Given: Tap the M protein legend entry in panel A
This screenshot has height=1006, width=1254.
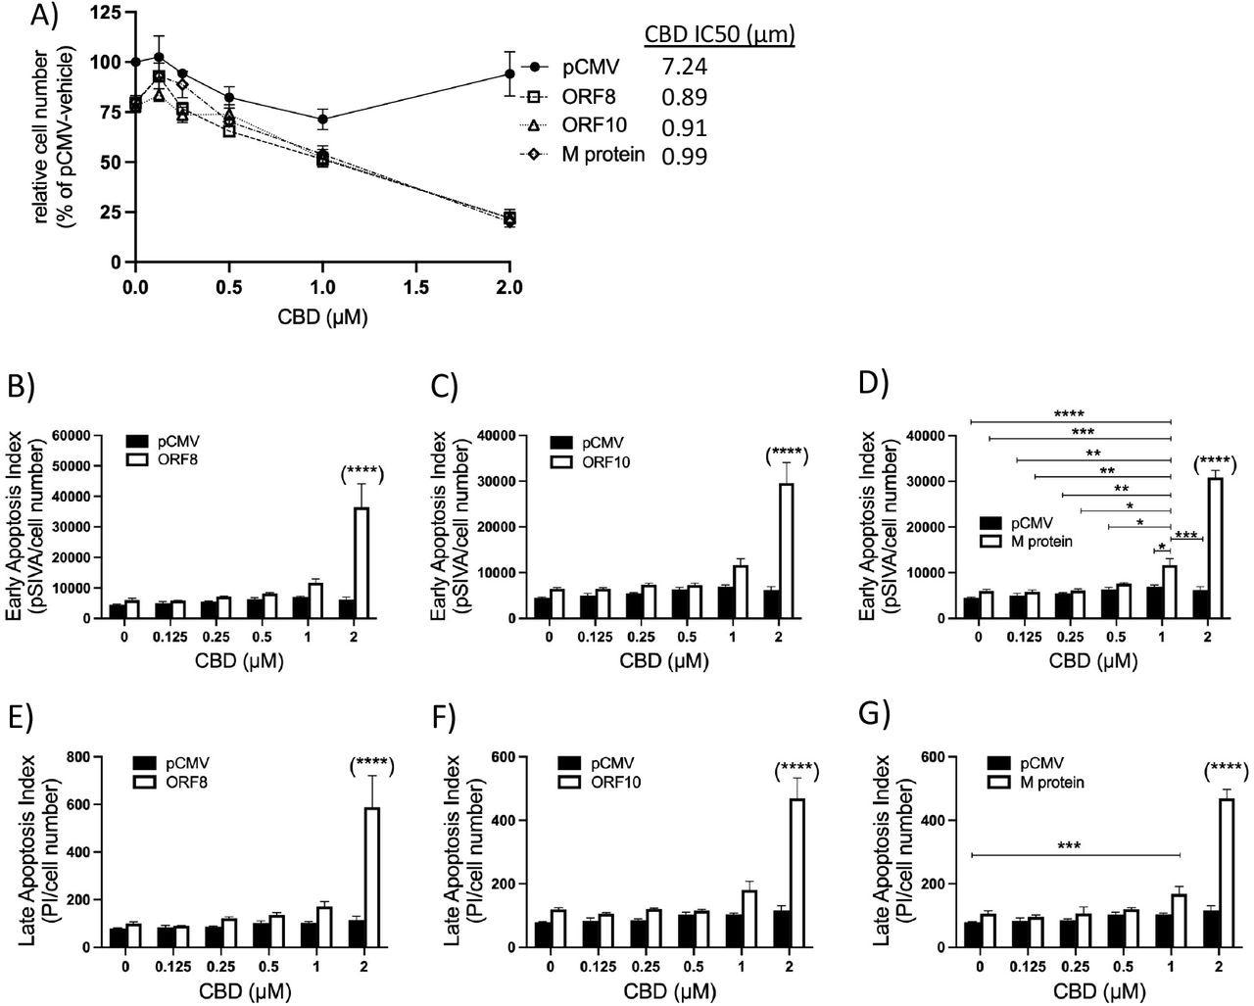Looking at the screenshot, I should pyautogui.click(x=603, y=154).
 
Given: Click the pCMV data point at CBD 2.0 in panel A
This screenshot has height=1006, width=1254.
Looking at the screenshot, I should pyautogui.click(x=509, y=73).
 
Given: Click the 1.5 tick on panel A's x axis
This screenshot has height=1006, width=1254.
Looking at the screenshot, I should pyautogui.click(x=415, y=287).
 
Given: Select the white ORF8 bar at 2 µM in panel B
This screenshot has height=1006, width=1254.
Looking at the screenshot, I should pyautogui.click(x=362, y=563).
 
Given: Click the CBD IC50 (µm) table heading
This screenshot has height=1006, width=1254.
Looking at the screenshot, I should pyautogui.click(x=718, y=36).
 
